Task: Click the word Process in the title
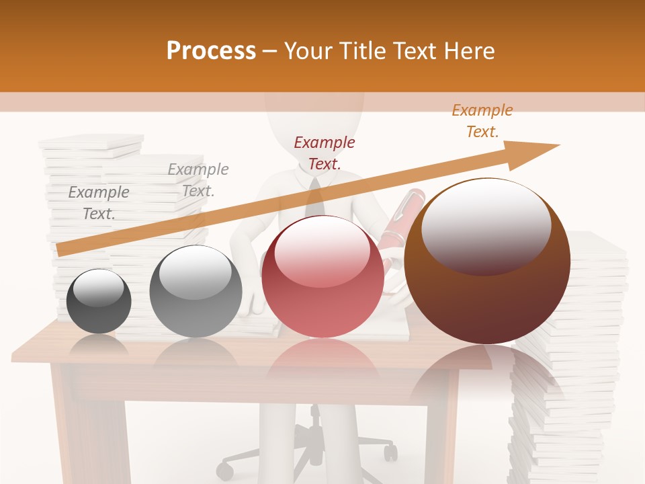coord(211,51)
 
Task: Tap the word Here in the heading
coord(468,51)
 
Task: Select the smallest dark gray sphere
coord(99,301)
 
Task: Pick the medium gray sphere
coord(196,291)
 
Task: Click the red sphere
coord(322,276)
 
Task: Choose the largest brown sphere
coord(487,261)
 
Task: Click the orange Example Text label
coord(482,121)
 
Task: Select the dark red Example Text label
coord(325,153)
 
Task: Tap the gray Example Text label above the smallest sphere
coord(99,202)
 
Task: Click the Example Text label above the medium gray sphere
coord(198,179)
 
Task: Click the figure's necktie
coord(313,198)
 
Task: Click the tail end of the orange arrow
coord(62,250)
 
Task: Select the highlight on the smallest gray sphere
coord(98,289)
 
